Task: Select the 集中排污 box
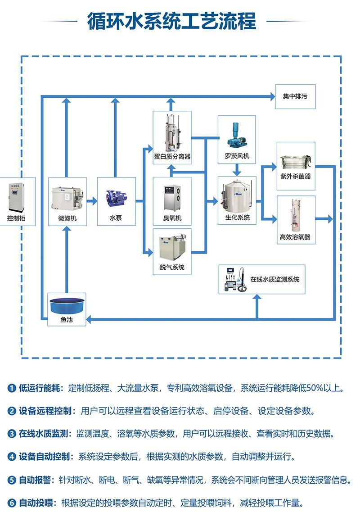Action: click(295, 96)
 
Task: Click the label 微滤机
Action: click(67, 218)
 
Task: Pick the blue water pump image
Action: click(116, 197)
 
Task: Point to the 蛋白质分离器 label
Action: click(172, 157)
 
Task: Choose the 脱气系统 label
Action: click(172, 268)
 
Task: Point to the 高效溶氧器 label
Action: click(295, 237)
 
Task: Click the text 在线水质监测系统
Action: click(274, 280)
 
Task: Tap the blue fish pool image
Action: click(66, 305)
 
